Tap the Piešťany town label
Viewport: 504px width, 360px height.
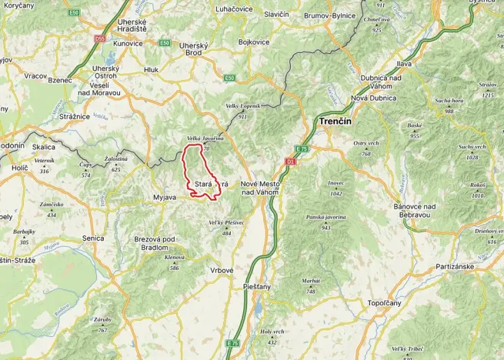point(257,286)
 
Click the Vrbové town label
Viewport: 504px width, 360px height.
point(222,270)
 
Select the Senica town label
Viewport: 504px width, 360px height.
point(93,238)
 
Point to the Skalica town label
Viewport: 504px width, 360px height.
point(44,146)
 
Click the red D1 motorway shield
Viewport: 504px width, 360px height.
point(290,162)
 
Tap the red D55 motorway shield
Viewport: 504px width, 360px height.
point(100,38)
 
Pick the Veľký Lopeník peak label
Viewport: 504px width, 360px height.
point(242,105)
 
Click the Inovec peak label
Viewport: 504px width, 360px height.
point(335,183)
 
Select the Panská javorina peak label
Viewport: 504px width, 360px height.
point(325,218)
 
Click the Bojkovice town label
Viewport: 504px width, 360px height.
point(254,42)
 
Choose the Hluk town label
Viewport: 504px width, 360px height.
point(151,69)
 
